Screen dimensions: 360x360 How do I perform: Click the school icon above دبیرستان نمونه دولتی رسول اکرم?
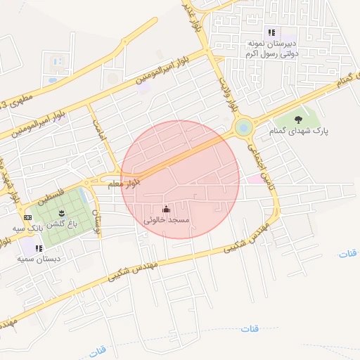271,32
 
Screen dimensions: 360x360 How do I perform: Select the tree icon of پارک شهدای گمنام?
299,119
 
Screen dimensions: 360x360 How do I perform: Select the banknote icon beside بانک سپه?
27,218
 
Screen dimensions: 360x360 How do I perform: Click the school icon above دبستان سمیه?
39,248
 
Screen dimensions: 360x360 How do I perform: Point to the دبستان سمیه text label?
39,259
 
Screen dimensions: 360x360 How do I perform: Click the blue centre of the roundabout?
243,127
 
